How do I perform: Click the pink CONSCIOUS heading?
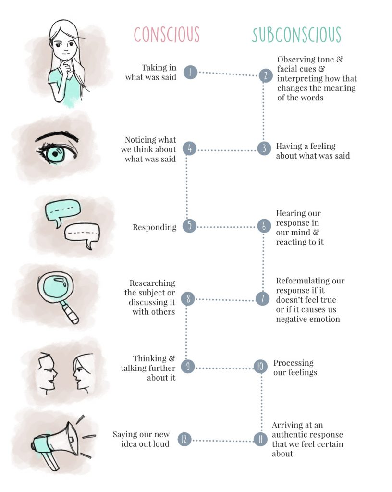166,35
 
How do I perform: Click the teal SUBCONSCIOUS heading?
296,35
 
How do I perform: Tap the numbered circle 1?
190,73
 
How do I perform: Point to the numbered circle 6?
264,226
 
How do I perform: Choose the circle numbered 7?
262,299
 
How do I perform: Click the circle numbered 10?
260,368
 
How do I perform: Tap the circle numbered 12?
185,439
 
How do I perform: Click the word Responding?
154,227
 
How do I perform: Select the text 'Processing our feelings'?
295,368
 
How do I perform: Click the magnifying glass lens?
54,293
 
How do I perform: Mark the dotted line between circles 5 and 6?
227,227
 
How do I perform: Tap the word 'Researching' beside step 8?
152,283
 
